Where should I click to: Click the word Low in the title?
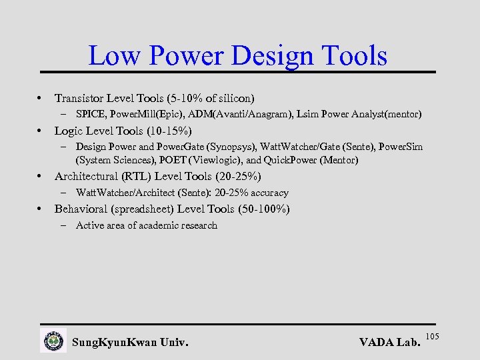click(111, 56)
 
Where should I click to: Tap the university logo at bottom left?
click(53, 341)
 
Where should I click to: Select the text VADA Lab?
click(389, 343)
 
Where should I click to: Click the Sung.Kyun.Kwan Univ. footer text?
click(129, 343)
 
